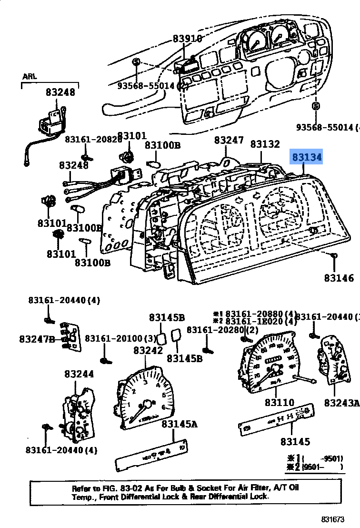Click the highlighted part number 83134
pos(307,157)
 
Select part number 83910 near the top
pos(187,39)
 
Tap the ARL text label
pos(29,76)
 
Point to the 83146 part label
pos(339,278)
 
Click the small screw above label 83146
pos(334,256)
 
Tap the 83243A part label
pos(342,403)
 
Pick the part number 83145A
pos(179,424)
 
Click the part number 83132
pos(265,144)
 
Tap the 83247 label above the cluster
pos(229,140)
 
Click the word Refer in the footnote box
pos(82,488)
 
